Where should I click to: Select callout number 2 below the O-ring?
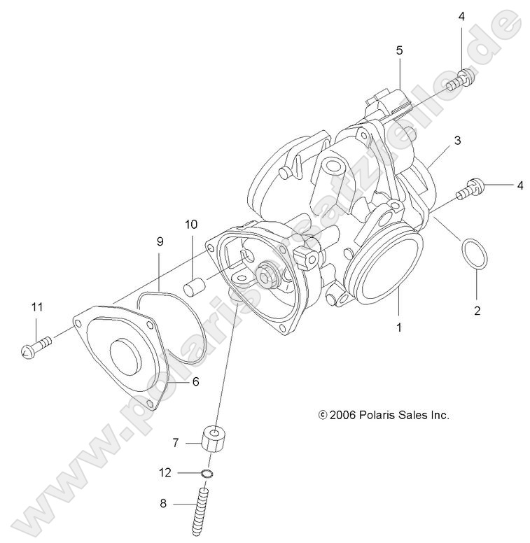(x=477, y=311)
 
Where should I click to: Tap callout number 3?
(x=456, y=140)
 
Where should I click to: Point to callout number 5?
(x=399, y=50)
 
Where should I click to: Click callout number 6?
(x=195, y=381)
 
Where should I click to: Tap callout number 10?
(x=190, y=225)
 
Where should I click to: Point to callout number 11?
(x=36, y=306)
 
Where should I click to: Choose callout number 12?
(x=165, y=473)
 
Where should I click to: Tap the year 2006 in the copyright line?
(x=343, y=415)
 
